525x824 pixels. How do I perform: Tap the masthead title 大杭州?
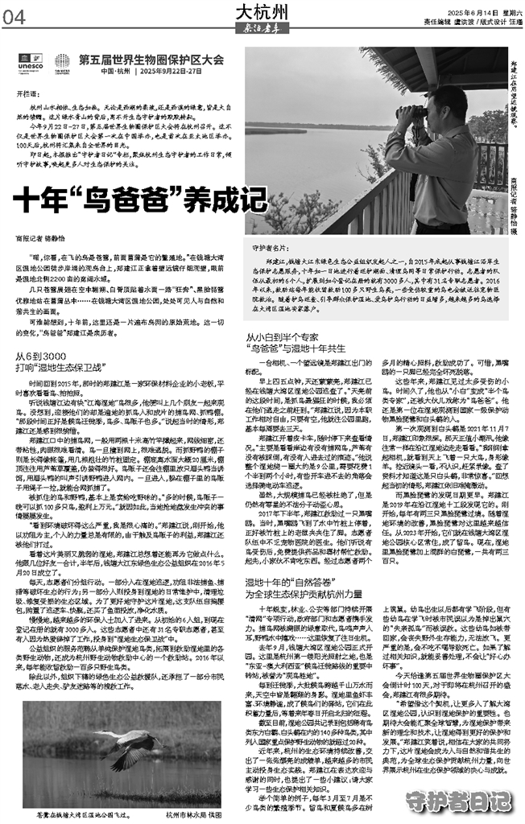(262, 10)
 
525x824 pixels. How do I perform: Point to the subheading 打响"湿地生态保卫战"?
(64, 368)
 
